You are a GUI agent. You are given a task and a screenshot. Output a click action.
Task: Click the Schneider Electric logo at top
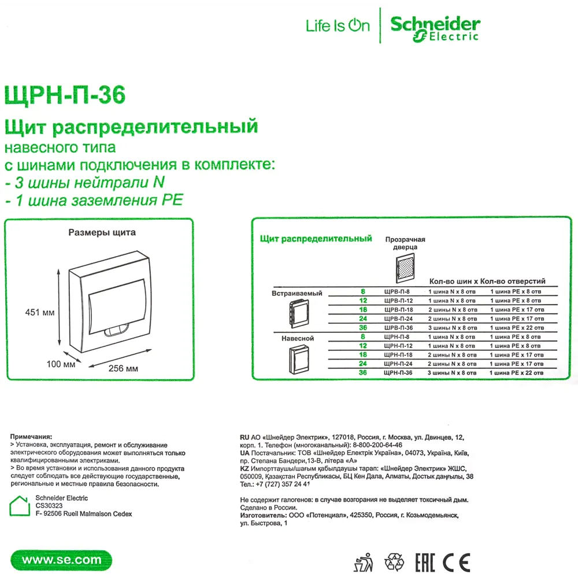pos(435,27)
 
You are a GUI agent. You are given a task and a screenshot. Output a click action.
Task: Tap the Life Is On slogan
pos(338,26)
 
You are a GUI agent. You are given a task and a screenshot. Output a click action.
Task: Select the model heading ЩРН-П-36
pos(64,95)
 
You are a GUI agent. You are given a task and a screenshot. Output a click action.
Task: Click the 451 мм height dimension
pos(40,312)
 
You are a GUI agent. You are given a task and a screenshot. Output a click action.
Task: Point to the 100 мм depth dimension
pos(61,364)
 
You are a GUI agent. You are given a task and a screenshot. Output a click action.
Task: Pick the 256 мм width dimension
pos(124,368)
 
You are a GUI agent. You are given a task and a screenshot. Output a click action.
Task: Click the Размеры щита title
pos(102,233)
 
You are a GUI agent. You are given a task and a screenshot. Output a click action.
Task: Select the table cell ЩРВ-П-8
pos(397,292)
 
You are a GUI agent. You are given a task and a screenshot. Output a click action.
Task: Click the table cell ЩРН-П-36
pos(398,373)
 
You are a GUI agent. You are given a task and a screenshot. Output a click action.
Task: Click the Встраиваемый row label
pos(297,294)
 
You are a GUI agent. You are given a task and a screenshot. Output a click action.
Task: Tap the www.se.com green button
pos(61,560)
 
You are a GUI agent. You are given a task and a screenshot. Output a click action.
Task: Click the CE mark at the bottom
pos(457,562)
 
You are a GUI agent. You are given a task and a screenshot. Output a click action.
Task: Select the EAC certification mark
pos(425,562)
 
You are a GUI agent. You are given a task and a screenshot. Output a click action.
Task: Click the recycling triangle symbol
pos(395,562)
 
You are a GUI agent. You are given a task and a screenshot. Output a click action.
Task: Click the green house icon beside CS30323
pos(19,505)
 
